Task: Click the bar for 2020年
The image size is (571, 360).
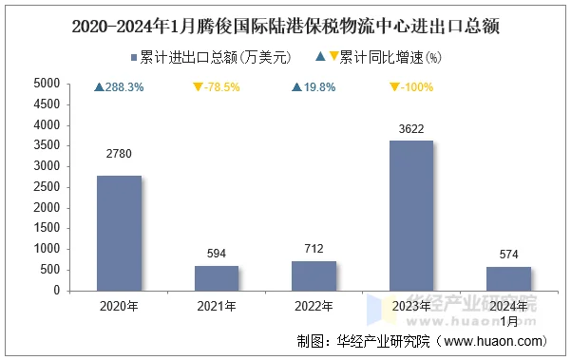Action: pos(119,233)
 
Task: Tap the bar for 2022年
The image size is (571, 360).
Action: pos(314,275)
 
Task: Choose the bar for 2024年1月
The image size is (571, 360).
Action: pos(509,278)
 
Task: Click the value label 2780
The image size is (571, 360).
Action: pos(119,154)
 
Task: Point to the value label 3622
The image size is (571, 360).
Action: pos(412,127)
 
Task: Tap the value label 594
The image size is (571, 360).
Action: pos(217,253)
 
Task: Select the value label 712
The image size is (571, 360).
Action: pos(314,247)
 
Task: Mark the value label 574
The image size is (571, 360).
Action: pos(509,254)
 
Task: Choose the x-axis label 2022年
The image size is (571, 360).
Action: pos(314,306)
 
